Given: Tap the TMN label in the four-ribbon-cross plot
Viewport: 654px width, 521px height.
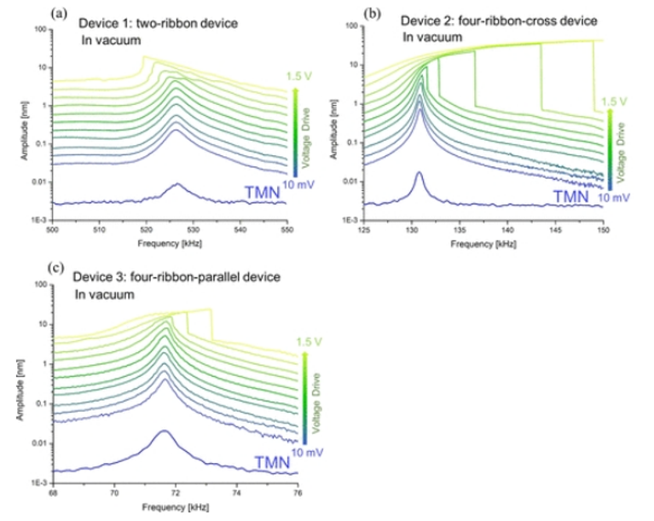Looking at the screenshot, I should [x=570, y=197].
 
